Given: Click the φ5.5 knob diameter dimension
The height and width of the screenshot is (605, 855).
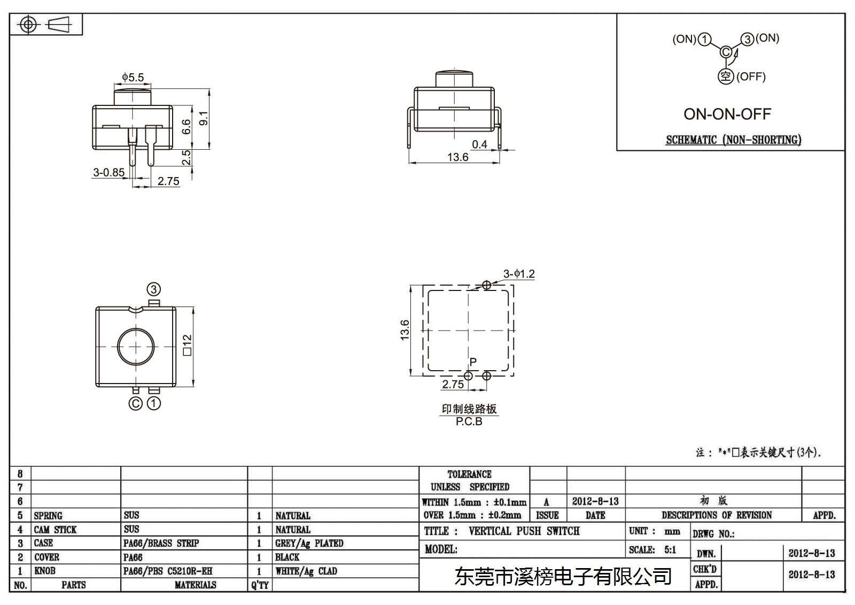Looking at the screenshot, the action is [133, 78].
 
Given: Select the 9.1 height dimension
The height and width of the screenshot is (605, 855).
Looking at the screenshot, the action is [204, 118].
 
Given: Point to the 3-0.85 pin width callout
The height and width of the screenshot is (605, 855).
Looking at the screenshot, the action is [109, 172].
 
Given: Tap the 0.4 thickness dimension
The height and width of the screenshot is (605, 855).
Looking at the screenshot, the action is [479, 144].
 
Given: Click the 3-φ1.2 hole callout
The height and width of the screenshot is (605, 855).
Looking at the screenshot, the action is [519, 274].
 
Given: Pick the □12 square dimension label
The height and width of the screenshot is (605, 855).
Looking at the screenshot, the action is [188, 345].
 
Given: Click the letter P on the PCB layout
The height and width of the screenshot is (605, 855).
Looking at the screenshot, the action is [473, 362].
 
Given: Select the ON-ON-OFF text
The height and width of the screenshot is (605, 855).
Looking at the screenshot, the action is [727, 114].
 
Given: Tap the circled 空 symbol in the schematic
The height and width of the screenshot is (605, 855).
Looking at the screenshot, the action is [726, 76].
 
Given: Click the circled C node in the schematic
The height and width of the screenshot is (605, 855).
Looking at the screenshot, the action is [726, 52].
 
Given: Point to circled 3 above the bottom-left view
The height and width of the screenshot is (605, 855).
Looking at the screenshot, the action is [154, 289].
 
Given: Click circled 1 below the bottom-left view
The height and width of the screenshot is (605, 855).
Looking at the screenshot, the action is [154, 403].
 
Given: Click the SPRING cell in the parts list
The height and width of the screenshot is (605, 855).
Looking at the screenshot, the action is [48, 516].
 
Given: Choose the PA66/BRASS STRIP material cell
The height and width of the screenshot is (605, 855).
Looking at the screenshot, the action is [161, 543].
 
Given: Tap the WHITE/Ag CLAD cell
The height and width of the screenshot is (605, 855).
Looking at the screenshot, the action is [306, 571].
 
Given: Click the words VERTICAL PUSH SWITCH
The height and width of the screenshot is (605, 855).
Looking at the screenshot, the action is [524, 531].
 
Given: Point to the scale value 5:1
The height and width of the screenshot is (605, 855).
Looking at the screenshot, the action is [670, 549].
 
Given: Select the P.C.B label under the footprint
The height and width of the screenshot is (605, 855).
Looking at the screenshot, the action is [469, 421].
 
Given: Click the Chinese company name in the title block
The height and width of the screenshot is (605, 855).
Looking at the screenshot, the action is [563, 576].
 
